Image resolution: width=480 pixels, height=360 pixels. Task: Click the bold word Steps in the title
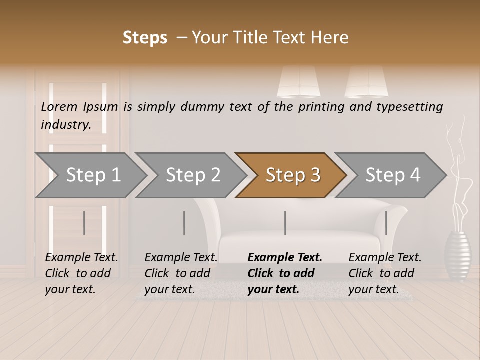(145, 37)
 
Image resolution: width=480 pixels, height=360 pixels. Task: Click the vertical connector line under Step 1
(84, 223)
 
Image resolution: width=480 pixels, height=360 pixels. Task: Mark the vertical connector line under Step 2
(184, 223)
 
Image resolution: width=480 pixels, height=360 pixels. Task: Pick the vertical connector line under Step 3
(285, 223)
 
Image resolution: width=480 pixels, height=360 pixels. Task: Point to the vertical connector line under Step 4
(386, 223)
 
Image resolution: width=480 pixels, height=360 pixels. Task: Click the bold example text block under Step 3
(285, 273)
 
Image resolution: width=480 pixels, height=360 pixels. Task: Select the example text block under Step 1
(81, 273)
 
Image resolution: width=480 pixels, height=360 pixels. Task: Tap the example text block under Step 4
(385, 273)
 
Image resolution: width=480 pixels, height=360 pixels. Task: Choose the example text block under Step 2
(181, 273)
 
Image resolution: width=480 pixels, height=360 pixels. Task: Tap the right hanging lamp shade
(366, 82)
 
